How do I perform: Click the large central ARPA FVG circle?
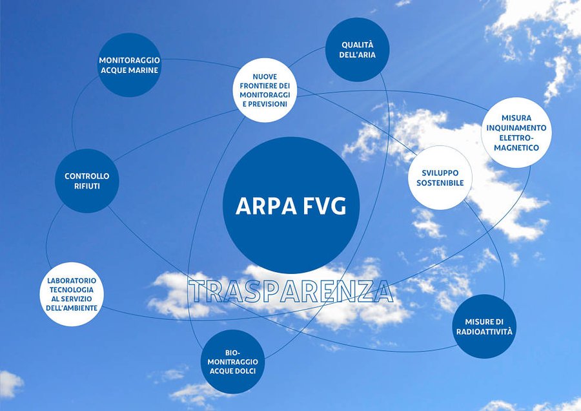(x=290, y=205)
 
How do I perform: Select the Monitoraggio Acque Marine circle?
(x=129, y=65)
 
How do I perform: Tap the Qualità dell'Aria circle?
(x=358, y=50)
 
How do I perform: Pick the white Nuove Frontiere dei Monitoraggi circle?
(x=265, y=90)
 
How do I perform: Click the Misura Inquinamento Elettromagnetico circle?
(x=516, y=132)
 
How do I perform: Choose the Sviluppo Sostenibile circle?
(x=440, y=178)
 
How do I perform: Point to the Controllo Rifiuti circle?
(x=87, y=181)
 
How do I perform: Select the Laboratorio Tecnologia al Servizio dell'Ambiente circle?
(x=72, y=294)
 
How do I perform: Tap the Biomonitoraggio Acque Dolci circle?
(x=233, y=361)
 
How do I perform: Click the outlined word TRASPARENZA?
(x=291, y=292)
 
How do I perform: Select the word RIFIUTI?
(x=87, y=186)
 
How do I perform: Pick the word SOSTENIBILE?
(x=440, y=184)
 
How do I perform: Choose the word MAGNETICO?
(x=516, y=148)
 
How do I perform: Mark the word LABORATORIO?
(x=72, y=280)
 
